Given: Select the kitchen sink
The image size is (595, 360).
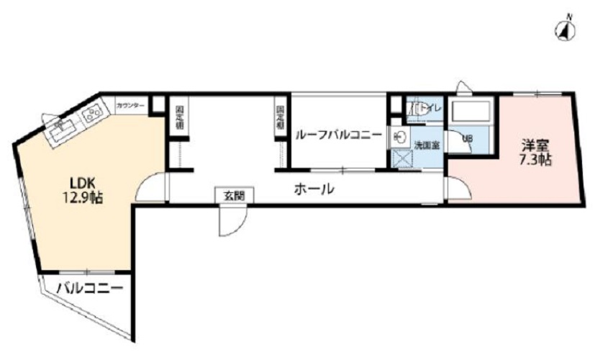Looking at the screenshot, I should [x=63, y=130].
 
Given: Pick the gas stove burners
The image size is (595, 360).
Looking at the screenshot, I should [x=91, y=113].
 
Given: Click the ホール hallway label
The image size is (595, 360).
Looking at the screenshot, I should [x=314, y=189].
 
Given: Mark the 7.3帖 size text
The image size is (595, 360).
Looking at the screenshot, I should [x=536, y=160].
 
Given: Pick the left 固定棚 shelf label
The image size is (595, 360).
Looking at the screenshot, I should [x=179, y=118].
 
